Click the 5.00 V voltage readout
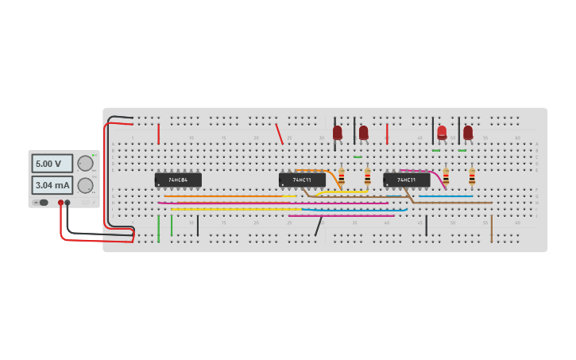[x=52, y=164]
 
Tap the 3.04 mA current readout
[x=52, y=185]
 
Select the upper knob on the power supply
[x=85, y=163]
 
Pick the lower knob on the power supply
[x=85, y=185]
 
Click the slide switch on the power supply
[x=41, y=203]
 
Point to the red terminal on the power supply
[x=60, y=203]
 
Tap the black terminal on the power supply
[x=68, y=203]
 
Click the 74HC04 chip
[x=178, y=180]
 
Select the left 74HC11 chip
[x=302, y=180]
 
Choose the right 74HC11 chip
[x=407, y=180]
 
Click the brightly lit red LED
[x=442, y=132]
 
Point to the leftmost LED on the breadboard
[x=338, y=132]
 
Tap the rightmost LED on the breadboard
[x=468, y=132]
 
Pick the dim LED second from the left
[x=363, y=132]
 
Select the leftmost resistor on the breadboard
[x=342, y=176]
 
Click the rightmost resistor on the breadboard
[x=472, y=176]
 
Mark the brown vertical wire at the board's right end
[x=491, y=228]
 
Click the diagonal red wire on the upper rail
[x=279, y=134]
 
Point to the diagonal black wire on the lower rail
[x=319, y=226]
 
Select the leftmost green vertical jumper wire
[x=158, y=228]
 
